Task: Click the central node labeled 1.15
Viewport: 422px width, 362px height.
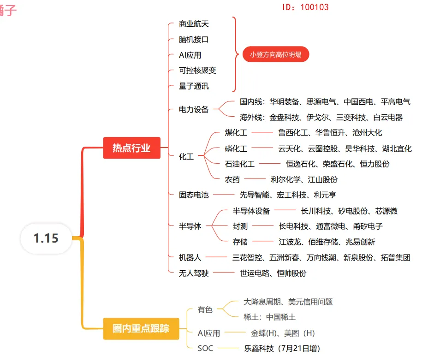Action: (46, 238)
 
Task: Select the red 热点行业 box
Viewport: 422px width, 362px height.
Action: (131, 148)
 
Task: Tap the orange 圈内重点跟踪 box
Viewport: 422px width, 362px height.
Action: (141, 328)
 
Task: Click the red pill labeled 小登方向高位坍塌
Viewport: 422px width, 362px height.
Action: (276, 54)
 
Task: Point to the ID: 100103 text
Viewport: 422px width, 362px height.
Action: (305, 7)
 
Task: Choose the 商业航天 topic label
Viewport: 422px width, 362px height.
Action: (194, 24)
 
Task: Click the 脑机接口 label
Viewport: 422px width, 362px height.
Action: (194, 40)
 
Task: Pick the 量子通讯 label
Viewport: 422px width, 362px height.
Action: (194, 86)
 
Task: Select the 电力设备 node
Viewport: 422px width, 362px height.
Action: (194, 110)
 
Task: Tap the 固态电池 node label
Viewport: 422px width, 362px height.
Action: (194, 195)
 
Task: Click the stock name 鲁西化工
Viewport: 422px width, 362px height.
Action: (293, 133)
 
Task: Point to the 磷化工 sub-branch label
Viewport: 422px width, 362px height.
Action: (236, 148)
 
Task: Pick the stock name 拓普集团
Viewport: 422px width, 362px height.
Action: (395, 258)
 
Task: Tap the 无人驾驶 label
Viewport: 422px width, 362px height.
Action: (194, 273)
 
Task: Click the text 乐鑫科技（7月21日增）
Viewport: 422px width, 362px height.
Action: (282, 348)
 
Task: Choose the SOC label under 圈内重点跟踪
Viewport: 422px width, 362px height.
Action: (205, 348)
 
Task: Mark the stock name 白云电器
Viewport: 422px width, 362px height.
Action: (388, 118)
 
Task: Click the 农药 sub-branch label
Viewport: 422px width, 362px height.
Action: (232, 179)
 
